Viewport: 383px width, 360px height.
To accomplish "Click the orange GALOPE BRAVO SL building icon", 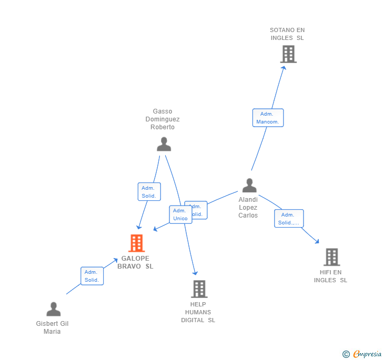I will (x=136, y=243).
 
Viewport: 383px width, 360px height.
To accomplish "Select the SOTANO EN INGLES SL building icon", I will (x=288, y=54).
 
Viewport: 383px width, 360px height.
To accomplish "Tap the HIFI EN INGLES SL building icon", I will (x=331, y=257).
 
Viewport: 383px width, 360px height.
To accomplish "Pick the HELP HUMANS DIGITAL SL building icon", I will (x=199, y=289).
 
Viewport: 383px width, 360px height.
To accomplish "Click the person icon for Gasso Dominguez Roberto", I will (x=164, y=144).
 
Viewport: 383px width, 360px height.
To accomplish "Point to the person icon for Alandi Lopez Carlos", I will (x=249, y=186).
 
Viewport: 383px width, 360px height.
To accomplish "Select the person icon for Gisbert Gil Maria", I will (x=53, y=309).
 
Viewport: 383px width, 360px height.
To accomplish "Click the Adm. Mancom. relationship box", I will (x=268, y=118).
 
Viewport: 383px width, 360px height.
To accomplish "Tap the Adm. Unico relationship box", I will (x=180, y=214).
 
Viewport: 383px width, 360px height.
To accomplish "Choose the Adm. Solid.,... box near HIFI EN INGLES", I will (x=289, y=219).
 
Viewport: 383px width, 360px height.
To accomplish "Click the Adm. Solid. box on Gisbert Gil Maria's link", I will (x=92, y=276).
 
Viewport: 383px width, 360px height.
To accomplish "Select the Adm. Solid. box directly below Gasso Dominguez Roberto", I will (x=149, y=192).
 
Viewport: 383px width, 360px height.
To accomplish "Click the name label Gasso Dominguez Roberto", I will (x=163, y=119).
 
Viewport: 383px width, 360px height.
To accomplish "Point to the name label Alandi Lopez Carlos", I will (x=248, y=208).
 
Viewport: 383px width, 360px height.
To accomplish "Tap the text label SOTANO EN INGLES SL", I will (x=287, y=34).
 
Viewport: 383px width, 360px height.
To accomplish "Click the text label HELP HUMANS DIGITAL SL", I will (x=198, y=312).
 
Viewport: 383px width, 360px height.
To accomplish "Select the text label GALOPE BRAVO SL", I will (x=135, y=262).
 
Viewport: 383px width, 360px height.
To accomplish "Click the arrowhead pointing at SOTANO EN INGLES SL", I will (x=284, y=67).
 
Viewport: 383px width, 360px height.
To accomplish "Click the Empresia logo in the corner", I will (x=362, y=354).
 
